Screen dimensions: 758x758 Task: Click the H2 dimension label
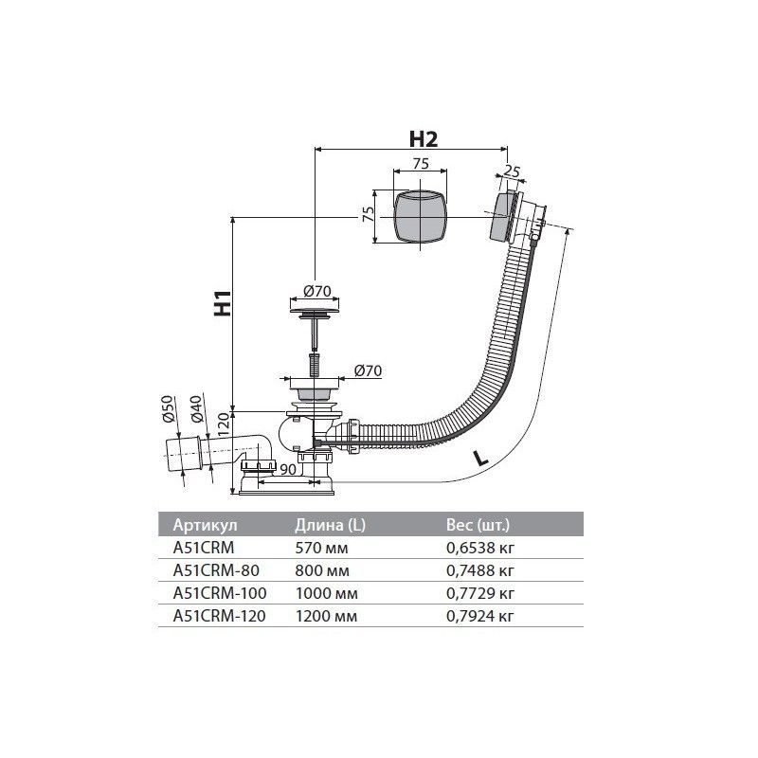tap(423, 139)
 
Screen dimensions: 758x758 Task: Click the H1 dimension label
tap(223, 303)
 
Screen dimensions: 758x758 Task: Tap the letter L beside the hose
tap(480, 458)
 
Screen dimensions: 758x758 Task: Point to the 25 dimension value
tap(512, 171)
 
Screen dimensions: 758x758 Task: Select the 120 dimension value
tap(224, 424)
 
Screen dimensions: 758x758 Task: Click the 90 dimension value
tap(288, 469)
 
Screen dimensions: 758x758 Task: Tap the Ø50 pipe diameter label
tap(168, 409)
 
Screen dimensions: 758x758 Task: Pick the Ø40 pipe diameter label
tap(196, 409)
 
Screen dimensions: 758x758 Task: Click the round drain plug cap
tap(315, 309)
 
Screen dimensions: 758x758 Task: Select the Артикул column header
tap(206, 525)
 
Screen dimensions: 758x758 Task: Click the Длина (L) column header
tap(330, 525)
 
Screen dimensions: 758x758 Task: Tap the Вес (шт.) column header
tap(478, 525)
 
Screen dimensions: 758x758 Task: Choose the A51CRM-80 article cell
tap(216, 570)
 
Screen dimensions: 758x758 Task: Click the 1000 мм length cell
tap(327, 593)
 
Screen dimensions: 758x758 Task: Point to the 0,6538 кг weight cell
tap(480, 549)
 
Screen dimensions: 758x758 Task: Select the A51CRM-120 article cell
tap(220, 616)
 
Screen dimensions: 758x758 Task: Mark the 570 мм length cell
tap(321, 548)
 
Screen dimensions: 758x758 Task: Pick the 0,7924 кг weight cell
tap(480, 617)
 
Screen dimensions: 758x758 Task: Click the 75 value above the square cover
tap(421, 163)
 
